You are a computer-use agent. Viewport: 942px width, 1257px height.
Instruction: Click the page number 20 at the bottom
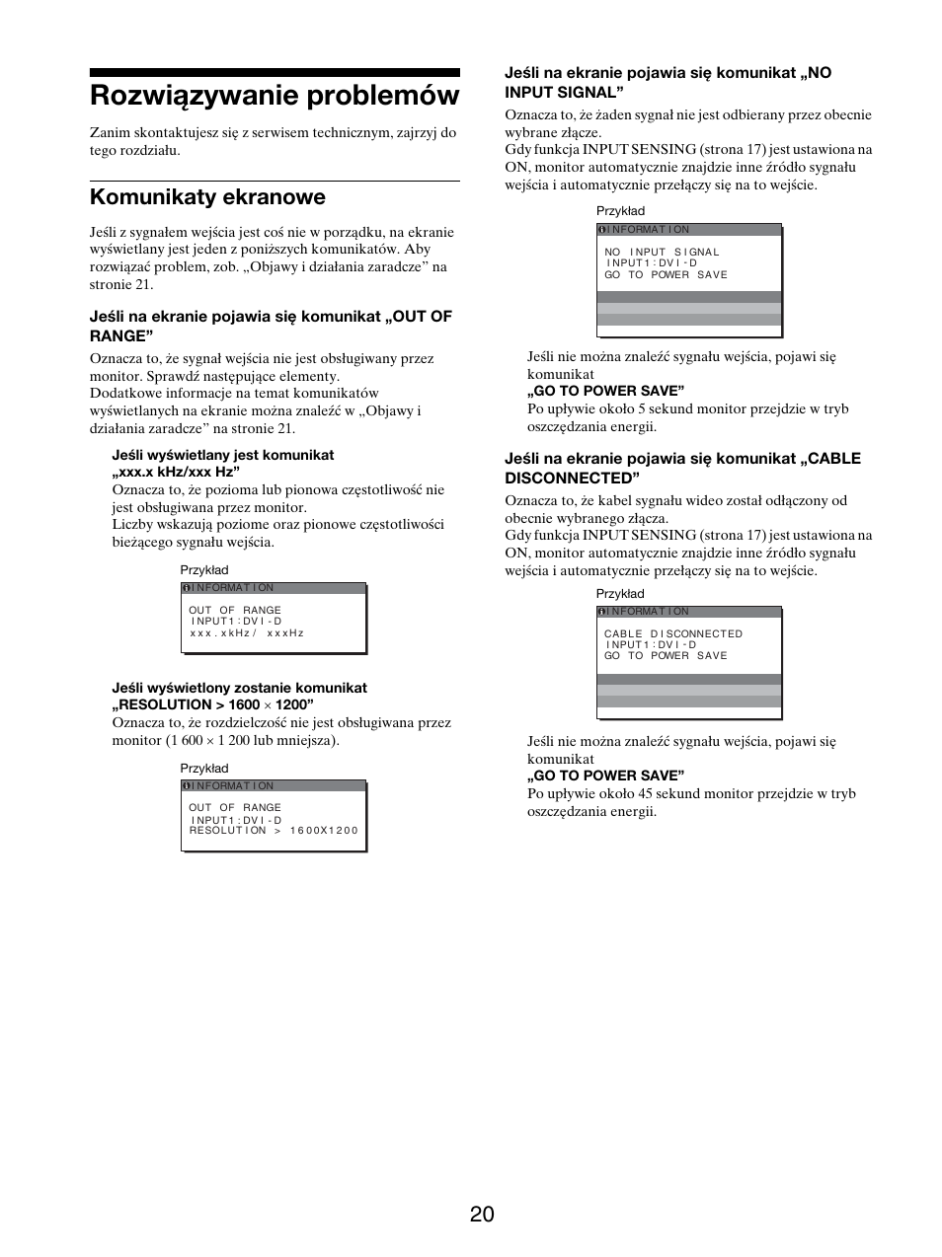[482, 1214]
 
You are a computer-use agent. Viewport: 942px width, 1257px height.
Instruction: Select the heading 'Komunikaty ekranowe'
[207, 196]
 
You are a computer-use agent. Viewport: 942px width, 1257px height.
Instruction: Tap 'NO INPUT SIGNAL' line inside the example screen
[662, 252]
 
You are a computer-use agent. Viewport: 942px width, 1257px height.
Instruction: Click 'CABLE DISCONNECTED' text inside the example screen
[672, 633]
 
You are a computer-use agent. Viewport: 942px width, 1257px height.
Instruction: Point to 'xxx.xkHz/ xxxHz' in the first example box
[247, 632]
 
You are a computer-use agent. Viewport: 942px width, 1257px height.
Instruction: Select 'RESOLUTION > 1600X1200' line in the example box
[274, 830]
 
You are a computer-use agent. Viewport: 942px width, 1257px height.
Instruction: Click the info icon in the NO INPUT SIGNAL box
[602, 230]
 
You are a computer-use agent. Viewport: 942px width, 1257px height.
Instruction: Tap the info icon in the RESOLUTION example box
[187, 786]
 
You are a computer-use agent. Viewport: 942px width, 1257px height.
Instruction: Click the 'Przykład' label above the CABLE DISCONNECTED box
[620, 594]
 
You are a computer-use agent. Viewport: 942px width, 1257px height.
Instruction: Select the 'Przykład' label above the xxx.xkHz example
[204, 570]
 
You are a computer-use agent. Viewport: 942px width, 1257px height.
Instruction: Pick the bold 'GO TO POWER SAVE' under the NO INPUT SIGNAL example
[605, 391]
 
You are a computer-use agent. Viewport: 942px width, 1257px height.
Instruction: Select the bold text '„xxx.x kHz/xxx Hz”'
[177, 472]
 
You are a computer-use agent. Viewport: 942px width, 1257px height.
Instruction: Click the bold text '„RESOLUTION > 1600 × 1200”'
[213, 704]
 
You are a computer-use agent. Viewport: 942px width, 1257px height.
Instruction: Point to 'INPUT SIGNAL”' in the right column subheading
[565, 92]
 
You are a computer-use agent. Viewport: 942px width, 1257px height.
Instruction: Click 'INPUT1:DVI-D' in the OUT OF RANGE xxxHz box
[236, 622]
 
